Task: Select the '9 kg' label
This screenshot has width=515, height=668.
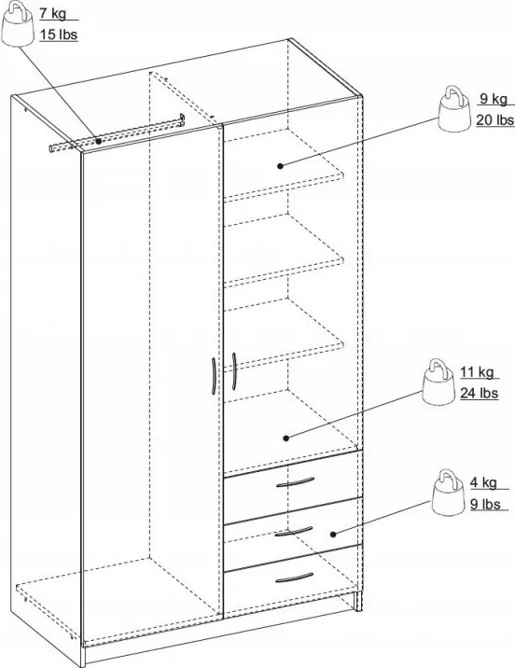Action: (x=492, y=99)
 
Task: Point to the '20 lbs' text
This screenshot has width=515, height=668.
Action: (x=494, y=119)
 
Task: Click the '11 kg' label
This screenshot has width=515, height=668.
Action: (x=475, y=373)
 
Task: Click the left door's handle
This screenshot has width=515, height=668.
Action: (x=214, y=377)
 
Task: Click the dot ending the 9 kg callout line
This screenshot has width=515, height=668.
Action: (x=281, y=165)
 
